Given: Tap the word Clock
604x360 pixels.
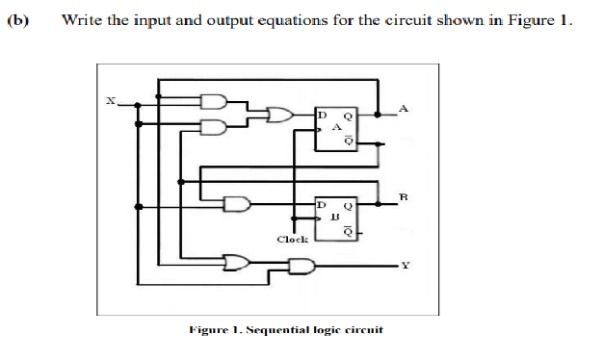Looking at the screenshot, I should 292,239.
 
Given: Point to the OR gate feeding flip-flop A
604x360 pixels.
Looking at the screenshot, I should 280,116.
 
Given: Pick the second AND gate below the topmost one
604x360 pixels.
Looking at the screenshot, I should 214,126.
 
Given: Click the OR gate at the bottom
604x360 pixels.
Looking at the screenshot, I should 235,260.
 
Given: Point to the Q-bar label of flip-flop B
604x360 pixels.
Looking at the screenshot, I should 349,232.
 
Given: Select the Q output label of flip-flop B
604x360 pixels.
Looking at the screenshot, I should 349,205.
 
